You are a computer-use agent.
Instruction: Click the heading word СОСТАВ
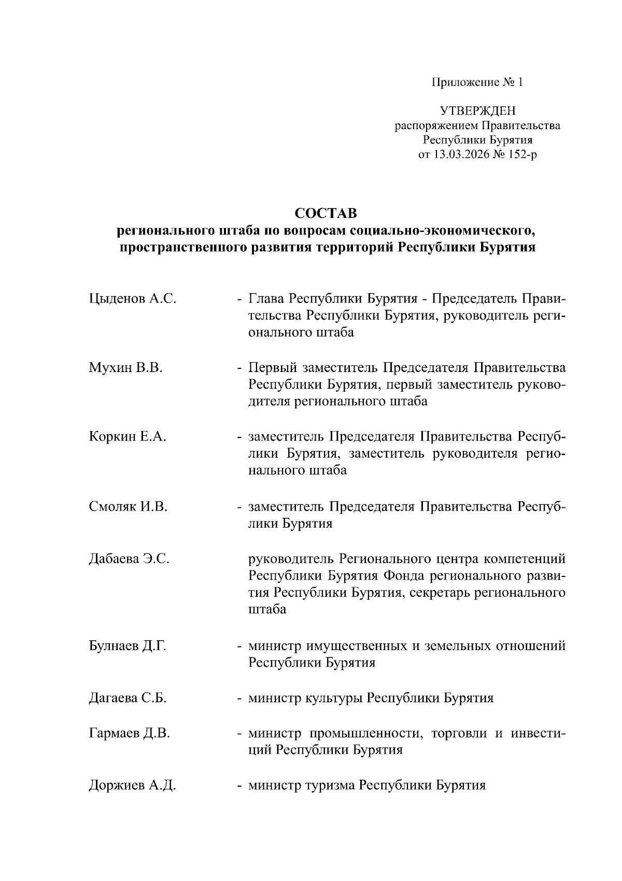(326, 213)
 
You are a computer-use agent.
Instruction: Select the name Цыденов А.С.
(132, 299)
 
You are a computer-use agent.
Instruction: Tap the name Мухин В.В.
(125, 368)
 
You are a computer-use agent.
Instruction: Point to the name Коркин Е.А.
(128, 437)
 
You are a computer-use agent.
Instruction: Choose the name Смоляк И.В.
(128, 506)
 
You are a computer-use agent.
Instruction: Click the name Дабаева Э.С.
(129, 559)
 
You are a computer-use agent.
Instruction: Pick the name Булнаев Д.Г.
(128, 646)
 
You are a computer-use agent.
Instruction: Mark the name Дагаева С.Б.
(128, 698)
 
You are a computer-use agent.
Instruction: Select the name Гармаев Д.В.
(129, 734)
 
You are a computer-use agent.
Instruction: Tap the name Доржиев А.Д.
(132, 786)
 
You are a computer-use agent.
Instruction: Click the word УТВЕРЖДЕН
(477, 111)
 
